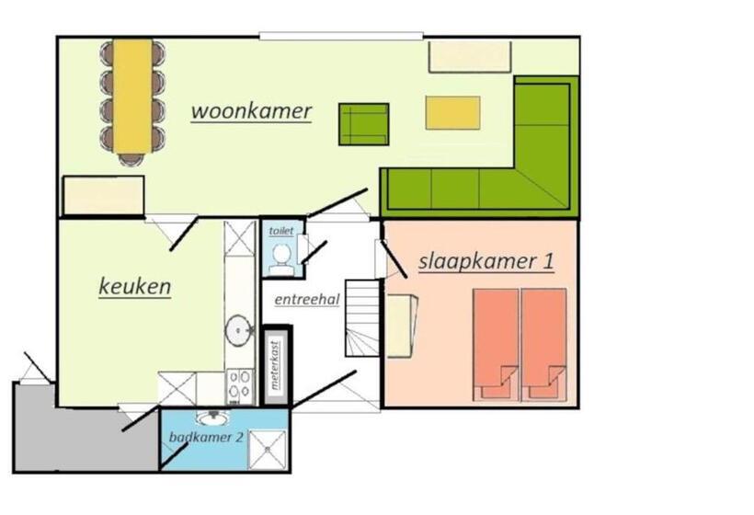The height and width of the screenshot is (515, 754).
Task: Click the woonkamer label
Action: click(252, 111)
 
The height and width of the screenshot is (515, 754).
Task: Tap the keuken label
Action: click(134, 287)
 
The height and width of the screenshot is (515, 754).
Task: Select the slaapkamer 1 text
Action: click(486, 261)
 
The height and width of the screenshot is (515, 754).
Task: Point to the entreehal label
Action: click(307, 300)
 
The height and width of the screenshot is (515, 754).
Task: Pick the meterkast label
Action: click(275, 365)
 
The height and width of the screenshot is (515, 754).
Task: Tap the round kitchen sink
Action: click(239, 330)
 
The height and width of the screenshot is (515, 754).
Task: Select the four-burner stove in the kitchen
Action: click(240, 386)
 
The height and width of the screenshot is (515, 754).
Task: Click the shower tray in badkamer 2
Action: click(268, 450)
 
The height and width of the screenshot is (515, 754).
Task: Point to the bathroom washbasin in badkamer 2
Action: click(212, 418)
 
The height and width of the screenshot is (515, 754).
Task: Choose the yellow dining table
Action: click(132, 97)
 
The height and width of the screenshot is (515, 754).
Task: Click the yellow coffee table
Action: click(452, 113)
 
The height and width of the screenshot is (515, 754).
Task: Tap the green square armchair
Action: click(363, 124)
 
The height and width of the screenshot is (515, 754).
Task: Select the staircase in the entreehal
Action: click(362, 318)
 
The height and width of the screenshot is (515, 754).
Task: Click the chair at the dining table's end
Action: click(131, 159)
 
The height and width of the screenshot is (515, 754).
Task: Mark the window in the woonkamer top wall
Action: click(341, 36)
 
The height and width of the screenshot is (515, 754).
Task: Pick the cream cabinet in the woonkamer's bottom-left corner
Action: click(104, 195)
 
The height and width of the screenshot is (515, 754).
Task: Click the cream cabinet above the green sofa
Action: click(470, 57)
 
